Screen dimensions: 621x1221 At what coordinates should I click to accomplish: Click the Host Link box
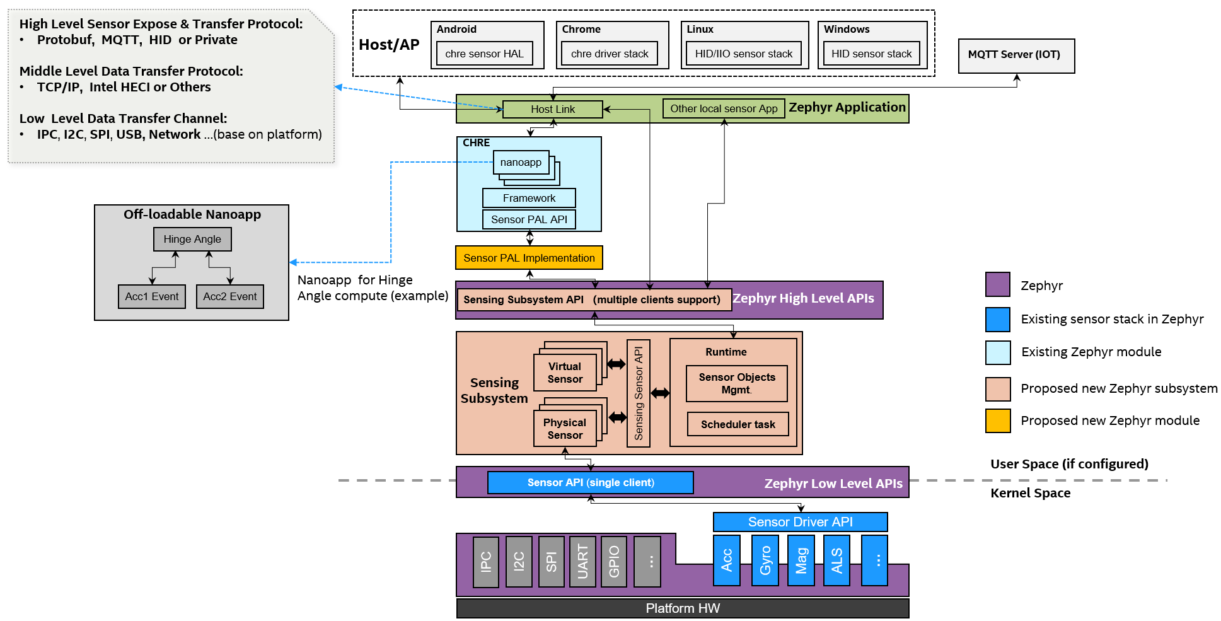[552, 109]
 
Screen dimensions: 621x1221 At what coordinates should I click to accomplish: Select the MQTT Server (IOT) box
[1016, 55]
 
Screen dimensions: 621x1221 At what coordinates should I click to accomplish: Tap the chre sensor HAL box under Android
[484, 54]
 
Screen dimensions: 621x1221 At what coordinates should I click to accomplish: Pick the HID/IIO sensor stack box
[743, 54]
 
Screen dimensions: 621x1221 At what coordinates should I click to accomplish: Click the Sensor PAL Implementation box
[529, 258]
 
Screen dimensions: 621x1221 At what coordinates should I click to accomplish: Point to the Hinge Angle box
[192, 239]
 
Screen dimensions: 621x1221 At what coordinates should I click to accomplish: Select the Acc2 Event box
[229, 296]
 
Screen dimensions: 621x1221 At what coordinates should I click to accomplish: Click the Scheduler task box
[738, 424]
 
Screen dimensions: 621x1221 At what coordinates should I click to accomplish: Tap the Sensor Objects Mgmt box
[736, 383]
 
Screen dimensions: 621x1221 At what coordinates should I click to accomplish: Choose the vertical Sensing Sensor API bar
[638, 393]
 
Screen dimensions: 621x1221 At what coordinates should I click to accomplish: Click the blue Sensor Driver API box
[800, 522]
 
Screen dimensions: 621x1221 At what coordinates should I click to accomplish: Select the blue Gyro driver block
[765, 560]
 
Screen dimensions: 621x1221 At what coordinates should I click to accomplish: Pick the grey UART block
[582, 561]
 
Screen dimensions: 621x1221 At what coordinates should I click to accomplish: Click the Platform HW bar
[682, 608]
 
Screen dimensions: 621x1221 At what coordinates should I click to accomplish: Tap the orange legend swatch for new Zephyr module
[997, 421]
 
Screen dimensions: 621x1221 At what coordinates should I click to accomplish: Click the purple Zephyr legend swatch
[997, 285]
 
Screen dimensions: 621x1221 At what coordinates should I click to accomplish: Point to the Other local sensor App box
[723, 108]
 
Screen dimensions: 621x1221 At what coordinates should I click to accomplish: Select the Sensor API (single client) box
[590, 482]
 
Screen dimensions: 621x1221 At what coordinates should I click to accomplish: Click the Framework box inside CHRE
[529, 198]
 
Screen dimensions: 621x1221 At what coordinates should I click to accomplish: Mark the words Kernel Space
[1030, 493]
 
